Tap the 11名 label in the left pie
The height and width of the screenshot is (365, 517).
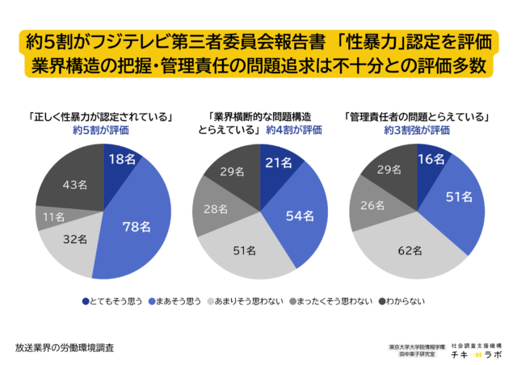50,217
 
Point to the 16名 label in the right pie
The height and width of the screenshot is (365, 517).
430,161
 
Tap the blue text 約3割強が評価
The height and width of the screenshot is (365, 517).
418,129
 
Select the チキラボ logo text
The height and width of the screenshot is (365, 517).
476,351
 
